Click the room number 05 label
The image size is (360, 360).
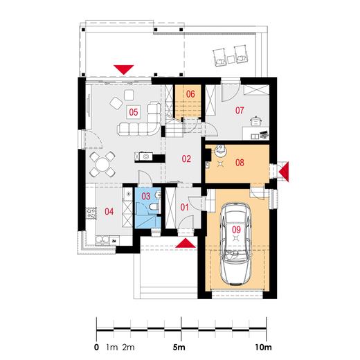point(134,112)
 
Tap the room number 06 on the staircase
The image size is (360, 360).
point(190,94)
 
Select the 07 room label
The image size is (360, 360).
point(240,110)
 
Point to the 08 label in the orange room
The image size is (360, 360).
point(240,163)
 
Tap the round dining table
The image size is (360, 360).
point(102,164)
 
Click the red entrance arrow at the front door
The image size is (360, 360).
point(186,243)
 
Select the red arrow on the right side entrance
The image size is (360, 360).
point(284,172)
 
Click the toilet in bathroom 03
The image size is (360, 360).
point(154,207)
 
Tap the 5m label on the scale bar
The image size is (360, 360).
point(179,347)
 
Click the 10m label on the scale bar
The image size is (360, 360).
point(263,347)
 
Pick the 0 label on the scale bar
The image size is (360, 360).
point(96,347)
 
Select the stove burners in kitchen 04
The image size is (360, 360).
point(91,213)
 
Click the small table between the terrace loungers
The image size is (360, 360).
point(231,60)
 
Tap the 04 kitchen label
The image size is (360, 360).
point(109,211)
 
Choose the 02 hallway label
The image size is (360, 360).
point(186,159)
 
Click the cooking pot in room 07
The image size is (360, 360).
point(255,121)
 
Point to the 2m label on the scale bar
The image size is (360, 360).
point(128,347)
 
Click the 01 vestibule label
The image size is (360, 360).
point(184,207)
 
